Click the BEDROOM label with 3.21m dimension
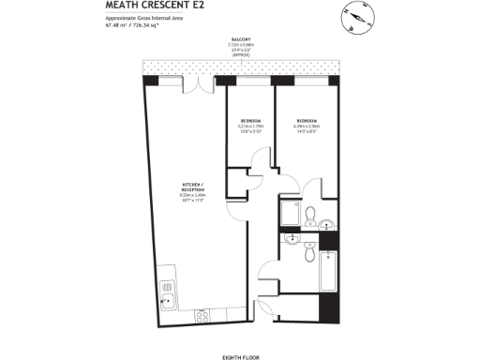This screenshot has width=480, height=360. (250, 121)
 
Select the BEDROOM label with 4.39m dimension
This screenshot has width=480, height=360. (308, 121)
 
